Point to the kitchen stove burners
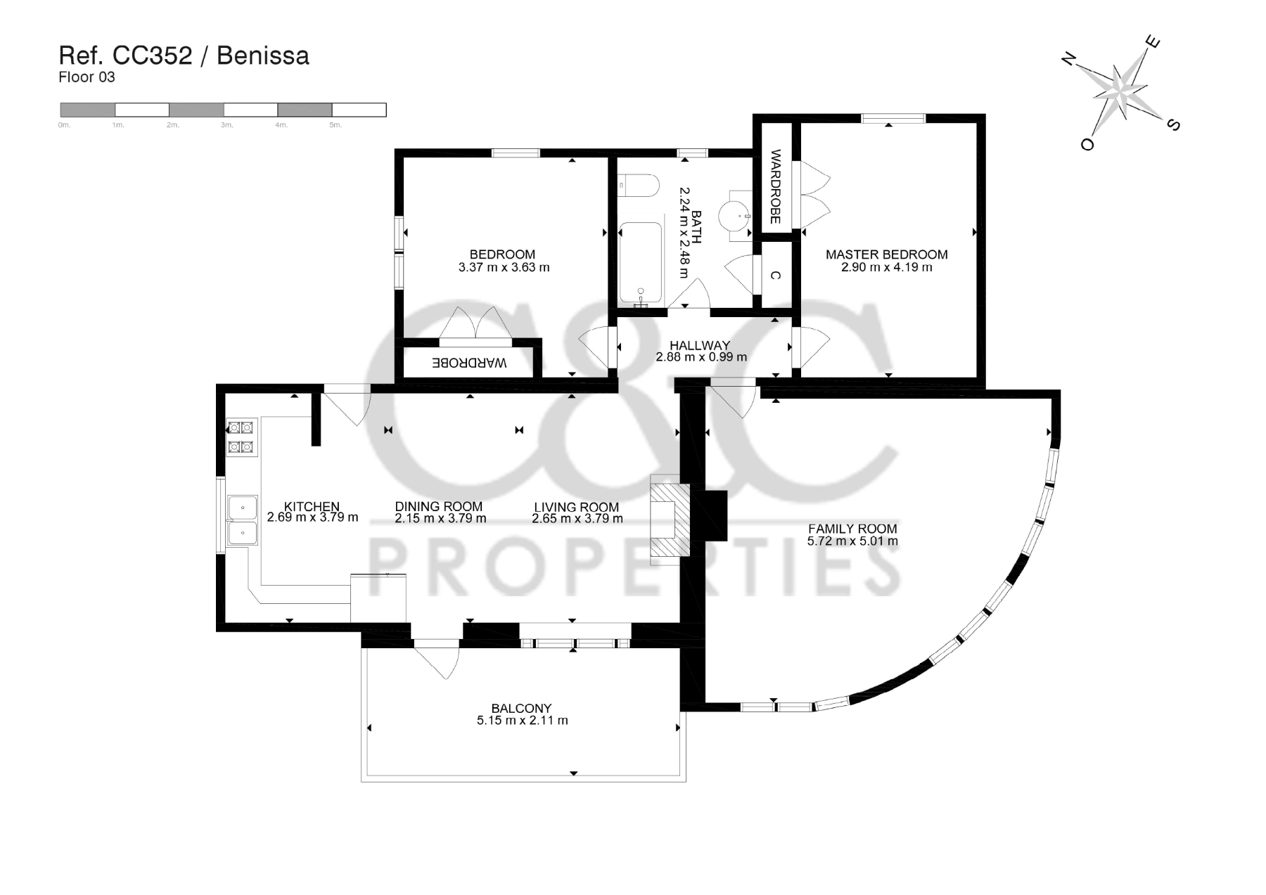coord(241,437)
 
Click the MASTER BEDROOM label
coord(886,255)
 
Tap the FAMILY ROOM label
coord(852,529)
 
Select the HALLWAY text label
coord(700,345)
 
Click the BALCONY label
coord(521,708)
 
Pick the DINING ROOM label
coord(439,506)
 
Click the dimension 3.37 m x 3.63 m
coord(504,267)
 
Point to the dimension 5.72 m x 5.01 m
coord(852,541)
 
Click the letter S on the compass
coord(1172,124)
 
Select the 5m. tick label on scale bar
coord(335,125)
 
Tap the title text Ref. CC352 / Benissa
coord(184,56)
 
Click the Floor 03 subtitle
coord(87,77)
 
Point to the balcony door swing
coord(437,659)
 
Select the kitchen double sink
coord(242,519)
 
